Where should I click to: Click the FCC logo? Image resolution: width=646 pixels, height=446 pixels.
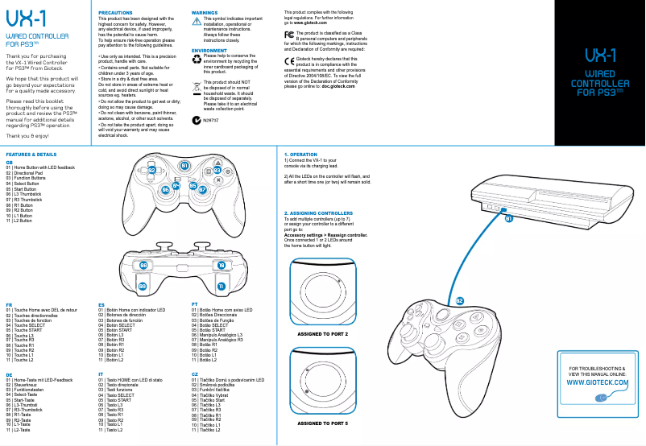290,34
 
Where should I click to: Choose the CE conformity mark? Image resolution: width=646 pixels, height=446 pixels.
290,60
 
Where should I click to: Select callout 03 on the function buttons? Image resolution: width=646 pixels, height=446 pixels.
217,171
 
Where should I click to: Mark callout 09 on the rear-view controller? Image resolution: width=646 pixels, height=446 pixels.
143,286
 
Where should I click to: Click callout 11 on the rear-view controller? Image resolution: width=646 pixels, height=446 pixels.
221,286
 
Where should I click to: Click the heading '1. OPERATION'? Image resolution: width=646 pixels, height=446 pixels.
300,154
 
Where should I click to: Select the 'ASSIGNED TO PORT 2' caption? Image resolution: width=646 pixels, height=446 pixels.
322,332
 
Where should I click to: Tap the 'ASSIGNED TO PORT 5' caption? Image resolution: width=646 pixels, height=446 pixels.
322,423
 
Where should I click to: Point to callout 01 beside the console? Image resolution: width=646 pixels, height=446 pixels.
508,218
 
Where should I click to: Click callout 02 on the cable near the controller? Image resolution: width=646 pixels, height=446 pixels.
459,300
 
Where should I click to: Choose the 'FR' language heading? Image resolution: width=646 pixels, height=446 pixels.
9,304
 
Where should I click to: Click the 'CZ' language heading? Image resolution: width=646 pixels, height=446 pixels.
194,374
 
